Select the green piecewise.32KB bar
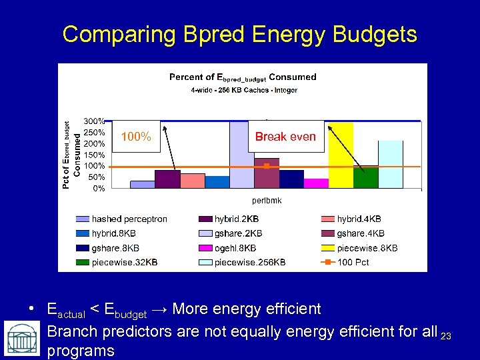tap(366, 177)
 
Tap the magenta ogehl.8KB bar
tap(316, 183)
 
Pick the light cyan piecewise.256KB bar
tap(391, 164)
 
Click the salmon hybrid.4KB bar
tap(193, 181)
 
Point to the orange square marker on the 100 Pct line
tap(267, 165)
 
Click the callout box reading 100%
tap(137, 137)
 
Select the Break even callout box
tap(285, 137)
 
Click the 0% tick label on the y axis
tap(97, 189)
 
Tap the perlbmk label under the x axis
tap(267, 200)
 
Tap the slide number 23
tap(446, 336)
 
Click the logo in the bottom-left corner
tap(21, 339)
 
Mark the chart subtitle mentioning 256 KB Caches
tap(239, 89)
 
